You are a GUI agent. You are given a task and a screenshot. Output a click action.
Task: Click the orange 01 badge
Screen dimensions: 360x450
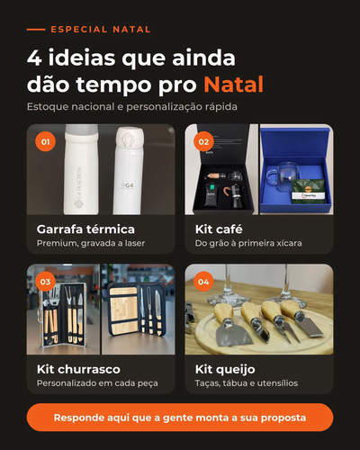tap(45, 141)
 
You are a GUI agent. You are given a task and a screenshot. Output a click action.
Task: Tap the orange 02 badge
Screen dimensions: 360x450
tap(203, 141)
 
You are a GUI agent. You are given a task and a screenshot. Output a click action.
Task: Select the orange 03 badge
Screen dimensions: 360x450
tap(45, 282)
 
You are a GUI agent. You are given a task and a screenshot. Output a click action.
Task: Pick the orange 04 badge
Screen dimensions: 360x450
tap(203, 282)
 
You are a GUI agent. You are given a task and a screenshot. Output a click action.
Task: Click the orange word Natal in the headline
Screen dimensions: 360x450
tap(234, 85)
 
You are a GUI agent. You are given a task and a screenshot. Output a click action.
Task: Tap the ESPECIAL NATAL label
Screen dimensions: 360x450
tap(101, 30)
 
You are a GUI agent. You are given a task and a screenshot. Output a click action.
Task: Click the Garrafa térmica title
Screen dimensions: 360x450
tap(85, 229)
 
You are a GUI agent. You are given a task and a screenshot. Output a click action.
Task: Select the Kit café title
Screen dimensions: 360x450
tap(219, 229)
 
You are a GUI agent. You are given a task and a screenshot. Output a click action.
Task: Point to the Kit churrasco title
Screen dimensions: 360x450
tap(78, 369)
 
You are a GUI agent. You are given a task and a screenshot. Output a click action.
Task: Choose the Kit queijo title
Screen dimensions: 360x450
tap(225, 370)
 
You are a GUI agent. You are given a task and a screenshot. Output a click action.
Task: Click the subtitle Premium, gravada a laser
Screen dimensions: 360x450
tap(91, 243)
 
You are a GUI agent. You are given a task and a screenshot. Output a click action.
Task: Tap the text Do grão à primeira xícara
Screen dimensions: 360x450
tap(248, 243)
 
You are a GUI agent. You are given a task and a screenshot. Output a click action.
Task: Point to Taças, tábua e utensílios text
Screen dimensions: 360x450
tap(247, 383)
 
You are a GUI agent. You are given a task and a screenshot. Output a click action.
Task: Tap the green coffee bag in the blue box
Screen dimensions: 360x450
tap(309, 191)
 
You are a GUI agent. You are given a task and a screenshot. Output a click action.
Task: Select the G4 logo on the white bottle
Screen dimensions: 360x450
tap(128, 186)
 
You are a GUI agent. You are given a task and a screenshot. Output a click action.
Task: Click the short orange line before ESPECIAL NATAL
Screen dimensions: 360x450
tap(36, 30)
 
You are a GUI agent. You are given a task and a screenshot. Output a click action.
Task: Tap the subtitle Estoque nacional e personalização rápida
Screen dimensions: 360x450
tap(132, 106)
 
